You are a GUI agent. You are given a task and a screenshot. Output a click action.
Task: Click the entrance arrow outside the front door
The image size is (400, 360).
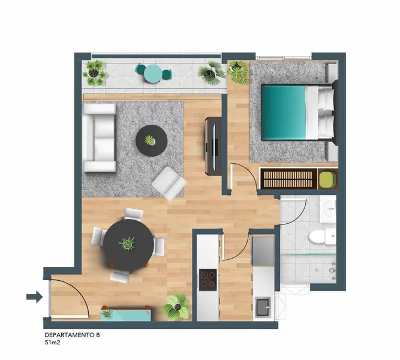[x=35, y=296]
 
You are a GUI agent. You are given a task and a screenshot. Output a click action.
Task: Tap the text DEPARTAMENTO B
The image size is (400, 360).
[x=72, y=335]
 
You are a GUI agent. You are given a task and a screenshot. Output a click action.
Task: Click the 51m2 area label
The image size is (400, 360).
[x=52, y=343]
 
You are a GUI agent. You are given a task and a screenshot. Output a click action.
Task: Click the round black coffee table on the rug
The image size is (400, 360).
[x=152, y=140]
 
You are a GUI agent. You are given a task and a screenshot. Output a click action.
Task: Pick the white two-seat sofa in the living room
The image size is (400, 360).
[x=100, y=137]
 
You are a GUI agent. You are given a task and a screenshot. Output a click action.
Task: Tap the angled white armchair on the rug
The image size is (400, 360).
[x=169, y=183]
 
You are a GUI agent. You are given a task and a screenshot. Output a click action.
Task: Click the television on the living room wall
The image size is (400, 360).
[x=213, y=146]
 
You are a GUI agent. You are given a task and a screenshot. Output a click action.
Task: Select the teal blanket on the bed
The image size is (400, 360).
[x=284, y=112]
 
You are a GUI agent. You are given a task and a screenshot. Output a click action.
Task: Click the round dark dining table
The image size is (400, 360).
[x=128, y=245]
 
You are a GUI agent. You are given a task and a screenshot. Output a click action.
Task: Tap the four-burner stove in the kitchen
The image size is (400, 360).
[x=208, y=280]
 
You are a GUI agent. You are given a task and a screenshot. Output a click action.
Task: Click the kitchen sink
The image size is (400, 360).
[x=263, y=307]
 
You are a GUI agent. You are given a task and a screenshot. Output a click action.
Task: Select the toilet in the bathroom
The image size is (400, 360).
[x=322, y=236]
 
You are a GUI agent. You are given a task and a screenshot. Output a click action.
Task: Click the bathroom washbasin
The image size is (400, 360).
[x=328, y=209]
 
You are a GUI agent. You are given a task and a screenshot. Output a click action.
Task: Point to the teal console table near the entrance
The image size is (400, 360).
[x=126, y=313]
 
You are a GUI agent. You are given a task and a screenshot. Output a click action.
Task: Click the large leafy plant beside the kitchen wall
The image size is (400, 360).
[x=176, y=305]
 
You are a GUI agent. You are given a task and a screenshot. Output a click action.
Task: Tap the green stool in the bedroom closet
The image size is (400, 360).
[x=327, y=179]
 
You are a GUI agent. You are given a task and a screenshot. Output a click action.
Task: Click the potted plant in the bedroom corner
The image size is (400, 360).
[x=238, y=71]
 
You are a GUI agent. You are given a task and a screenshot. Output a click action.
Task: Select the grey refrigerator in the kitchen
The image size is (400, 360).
[x=263, y=251]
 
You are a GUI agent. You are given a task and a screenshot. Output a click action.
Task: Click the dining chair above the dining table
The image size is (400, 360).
[x=133, y=214]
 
